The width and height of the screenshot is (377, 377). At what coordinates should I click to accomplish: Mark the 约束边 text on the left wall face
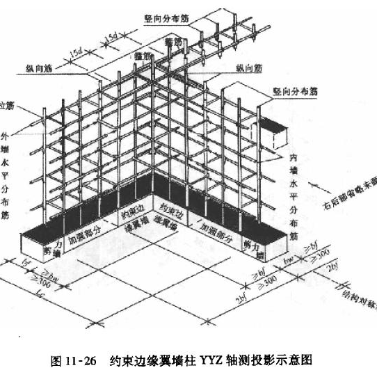(x=131, y=209)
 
